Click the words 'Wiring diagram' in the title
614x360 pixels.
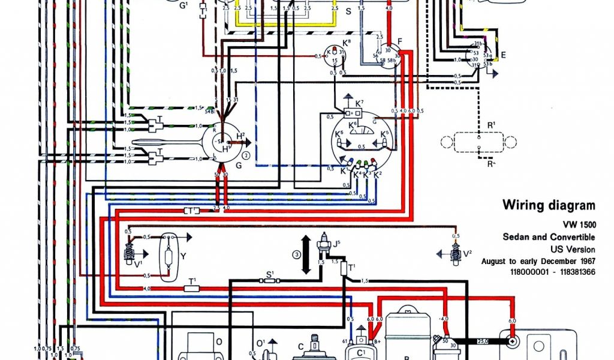(549, 205)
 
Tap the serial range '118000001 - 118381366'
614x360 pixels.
(553, 272)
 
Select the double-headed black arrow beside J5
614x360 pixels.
(306, 254)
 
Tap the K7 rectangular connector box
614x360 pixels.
(352, 113)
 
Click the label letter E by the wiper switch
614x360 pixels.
(504, 55)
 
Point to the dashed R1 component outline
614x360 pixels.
(478, 143)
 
